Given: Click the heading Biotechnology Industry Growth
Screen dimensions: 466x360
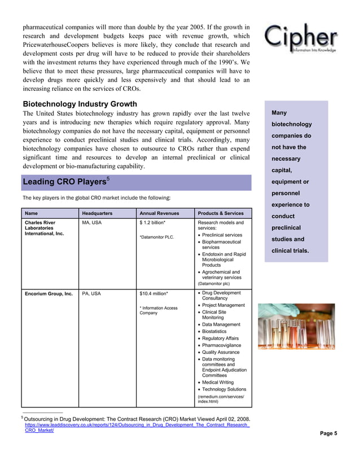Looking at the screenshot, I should click(x=80, y=104).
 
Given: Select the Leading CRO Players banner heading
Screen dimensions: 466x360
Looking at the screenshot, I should click(x=64, y=182).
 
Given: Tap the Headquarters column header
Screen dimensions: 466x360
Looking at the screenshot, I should click(x=97, y=214).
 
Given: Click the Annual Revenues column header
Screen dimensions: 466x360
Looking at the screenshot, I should click(x=159, y=214).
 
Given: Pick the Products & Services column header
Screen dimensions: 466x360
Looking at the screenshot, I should click(x=221, y=213).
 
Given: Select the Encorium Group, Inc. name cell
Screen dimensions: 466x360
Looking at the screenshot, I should click(x=49, y=293).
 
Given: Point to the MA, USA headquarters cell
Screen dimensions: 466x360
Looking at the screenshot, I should click(x=92, y=223).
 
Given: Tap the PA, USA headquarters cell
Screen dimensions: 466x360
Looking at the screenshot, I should click(x=91, y=293).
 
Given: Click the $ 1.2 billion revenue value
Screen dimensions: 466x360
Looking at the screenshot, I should click(x=152, y=223).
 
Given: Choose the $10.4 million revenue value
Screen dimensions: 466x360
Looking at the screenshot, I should click(x=153, y=293).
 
